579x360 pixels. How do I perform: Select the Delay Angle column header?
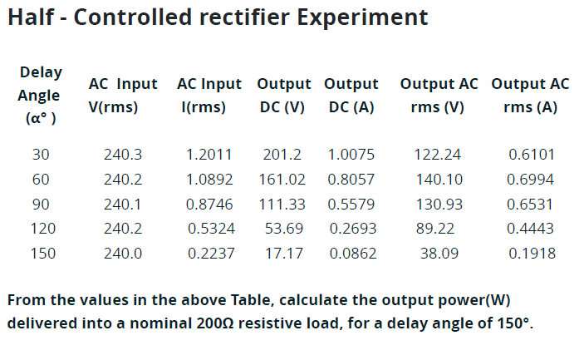point(41,95)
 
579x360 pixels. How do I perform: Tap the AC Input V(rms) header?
point(122,95)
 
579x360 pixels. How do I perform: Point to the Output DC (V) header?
point(283,95)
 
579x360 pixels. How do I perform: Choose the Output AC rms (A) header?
point(530,95)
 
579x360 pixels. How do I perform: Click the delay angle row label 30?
point(42,154)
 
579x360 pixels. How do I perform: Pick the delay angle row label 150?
point(42,254)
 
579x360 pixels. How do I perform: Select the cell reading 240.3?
point(123,154)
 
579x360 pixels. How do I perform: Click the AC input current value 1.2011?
point(209,154)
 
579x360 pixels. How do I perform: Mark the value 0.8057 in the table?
point(351,179)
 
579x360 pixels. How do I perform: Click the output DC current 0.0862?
point(352,254)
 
